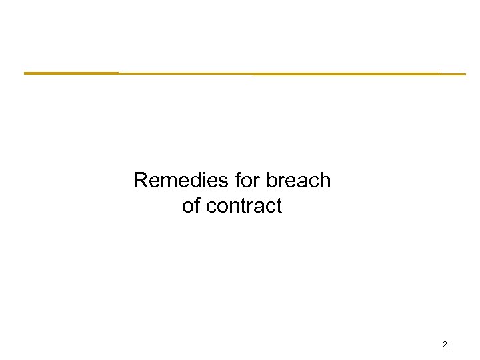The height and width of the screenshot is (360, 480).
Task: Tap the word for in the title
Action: click(247, 181)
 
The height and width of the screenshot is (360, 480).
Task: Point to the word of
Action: click(191, 206)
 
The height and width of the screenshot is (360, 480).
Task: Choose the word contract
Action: click(244, 206)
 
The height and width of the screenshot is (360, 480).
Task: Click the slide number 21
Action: click(447, 345)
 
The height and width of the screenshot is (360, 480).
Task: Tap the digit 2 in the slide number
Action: click(445, 345)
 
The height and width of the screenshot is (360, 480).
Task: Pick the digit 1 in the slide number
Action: click(449, 345)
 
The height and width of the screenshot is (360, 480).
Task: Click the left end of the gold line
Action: click(25, 73)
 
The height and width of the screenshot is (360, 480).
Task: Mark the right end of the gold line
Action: click(465, 74)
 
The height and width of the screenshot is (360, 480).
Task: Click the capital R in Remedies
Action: click(140, 181)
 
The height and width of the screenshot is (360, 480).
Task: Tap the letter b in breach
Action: click(271, 181)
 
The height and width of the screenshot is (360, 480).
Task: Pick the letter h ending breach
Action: click(325, 181)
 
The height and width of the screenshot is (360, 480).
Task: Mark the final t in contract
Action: click(279, 206)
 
